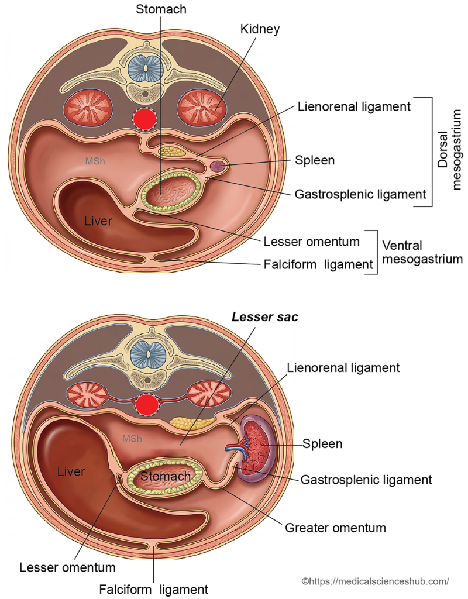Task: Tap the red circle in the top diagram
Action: pyautogui.click(x=145, y=120)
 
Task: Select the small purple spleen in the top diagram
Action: pyautogui.click(x=218, y=167)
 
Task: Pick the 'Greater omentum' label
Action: pyautogui.click(x=335, y=528)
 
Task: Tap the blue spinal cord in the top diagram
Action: pyautogui.click(x=144, y=68)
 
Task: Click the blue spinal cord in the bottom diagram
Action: pyautogui.click(x=146, y=352)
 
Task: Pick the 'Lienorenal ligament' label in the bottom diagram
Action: pyautogui.click(x=343, y=368)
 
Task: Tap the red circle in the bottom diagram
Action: pyautogui.click(x=147, y=404)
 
